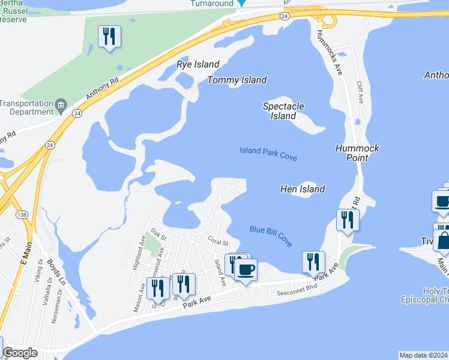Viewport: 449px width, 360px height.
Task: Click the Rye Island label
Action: pos(197,64)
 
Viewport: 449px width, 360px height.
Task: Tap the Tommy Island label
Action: pos(237,80)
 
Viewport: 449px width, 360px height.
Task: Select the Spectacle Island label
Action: pos(283,111)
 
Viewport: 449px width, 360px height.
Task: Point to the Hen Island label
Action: pos(303,189)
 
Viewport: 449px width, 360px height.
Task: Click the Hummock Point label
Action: pos(357,152)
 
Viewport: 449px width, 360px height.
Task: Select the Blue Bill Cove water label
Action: pos(271,235)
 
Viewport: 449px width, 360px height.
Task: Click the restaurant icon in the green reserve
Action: pos(109,37)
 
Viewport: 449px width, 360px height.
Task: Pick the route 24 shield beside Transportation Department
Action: pos(77,113)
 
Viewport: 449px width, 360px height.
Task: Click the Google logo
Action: pos(20,353)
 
